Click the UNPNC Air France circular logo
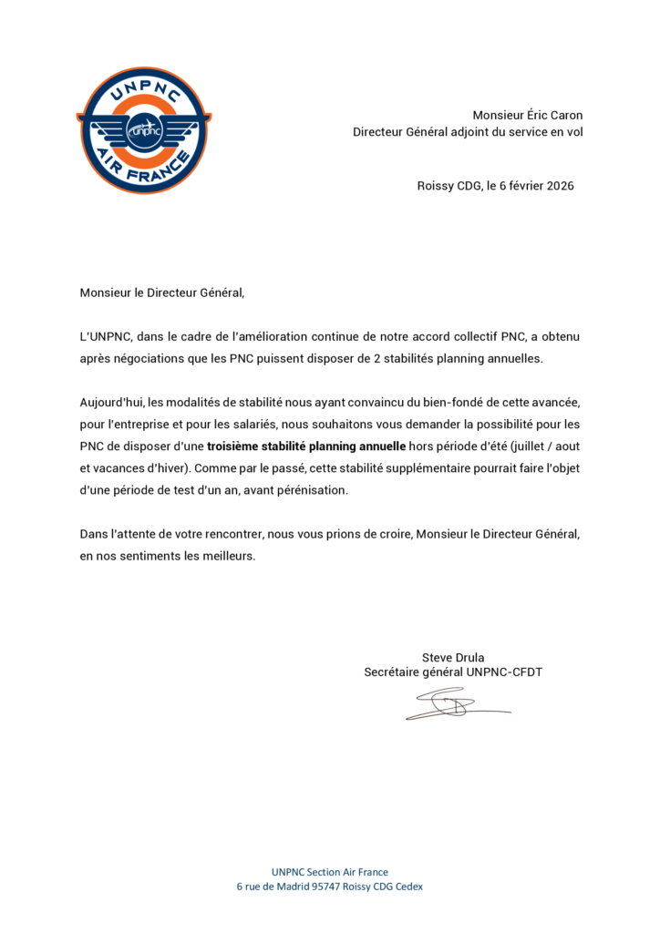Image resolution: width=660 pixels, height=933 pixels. [x=143, y=129]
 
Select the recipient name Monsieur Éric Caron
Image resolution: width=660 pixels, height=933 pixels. [x=527, y=115]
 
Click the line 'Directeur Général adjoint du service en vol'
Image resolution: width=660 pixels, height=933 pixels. [x=468, y=132]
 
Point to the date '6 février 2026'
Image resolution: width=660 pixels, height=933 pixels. [x=537, y=186]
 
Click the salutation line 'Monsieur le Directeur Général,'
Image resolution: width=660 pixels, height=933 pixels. [x=162, y=292]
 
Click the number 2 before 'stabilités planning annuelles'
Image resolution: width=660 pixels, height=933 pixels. [x=377, y=358]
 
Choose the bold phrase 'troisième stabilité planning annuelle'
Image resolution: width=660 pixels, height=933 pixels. [x=306, y=446]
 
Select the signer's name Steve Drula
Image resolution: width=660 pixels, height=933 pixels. [x=453, y=657]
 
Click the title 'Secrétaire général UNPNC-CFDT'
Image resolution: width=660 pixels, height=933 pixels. [x=453, y=672]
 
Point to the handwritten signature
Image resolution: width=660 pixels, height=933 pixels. [x=454, y=704]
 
